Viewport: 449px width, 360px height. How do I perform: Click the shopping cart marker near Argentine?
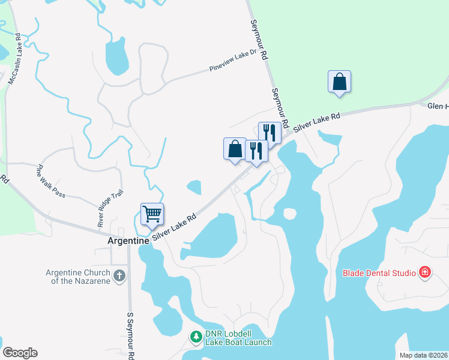[x=152, y=214]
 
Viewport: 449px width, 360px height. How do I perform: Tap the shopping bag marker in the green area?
[x=339, y=82]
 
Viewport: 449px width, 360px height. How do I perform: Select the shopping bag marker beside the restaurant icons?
[x=235, y=149]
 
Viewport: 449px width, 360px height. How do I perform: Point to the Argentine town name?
[x=128, y=240]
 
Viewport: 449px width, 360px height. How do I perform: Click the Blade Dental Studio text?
[x=379, y=273]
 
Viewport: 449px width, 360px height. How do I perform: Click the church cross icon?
[x=119, y=276]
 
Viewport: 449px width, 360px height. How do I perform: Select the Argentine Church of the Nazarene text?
[x=79, y=276]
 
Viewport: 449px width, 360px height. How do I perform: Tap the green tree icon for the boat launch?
[x=196, y=337]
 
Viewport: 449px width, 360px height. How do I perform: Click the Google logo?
[x=20, y=353]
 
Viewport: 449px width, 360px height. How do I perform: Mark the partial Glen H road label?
[x=438, y=106]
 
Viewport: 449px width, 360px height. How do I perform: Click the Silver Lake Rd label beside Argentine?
[x=174, y=229]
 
